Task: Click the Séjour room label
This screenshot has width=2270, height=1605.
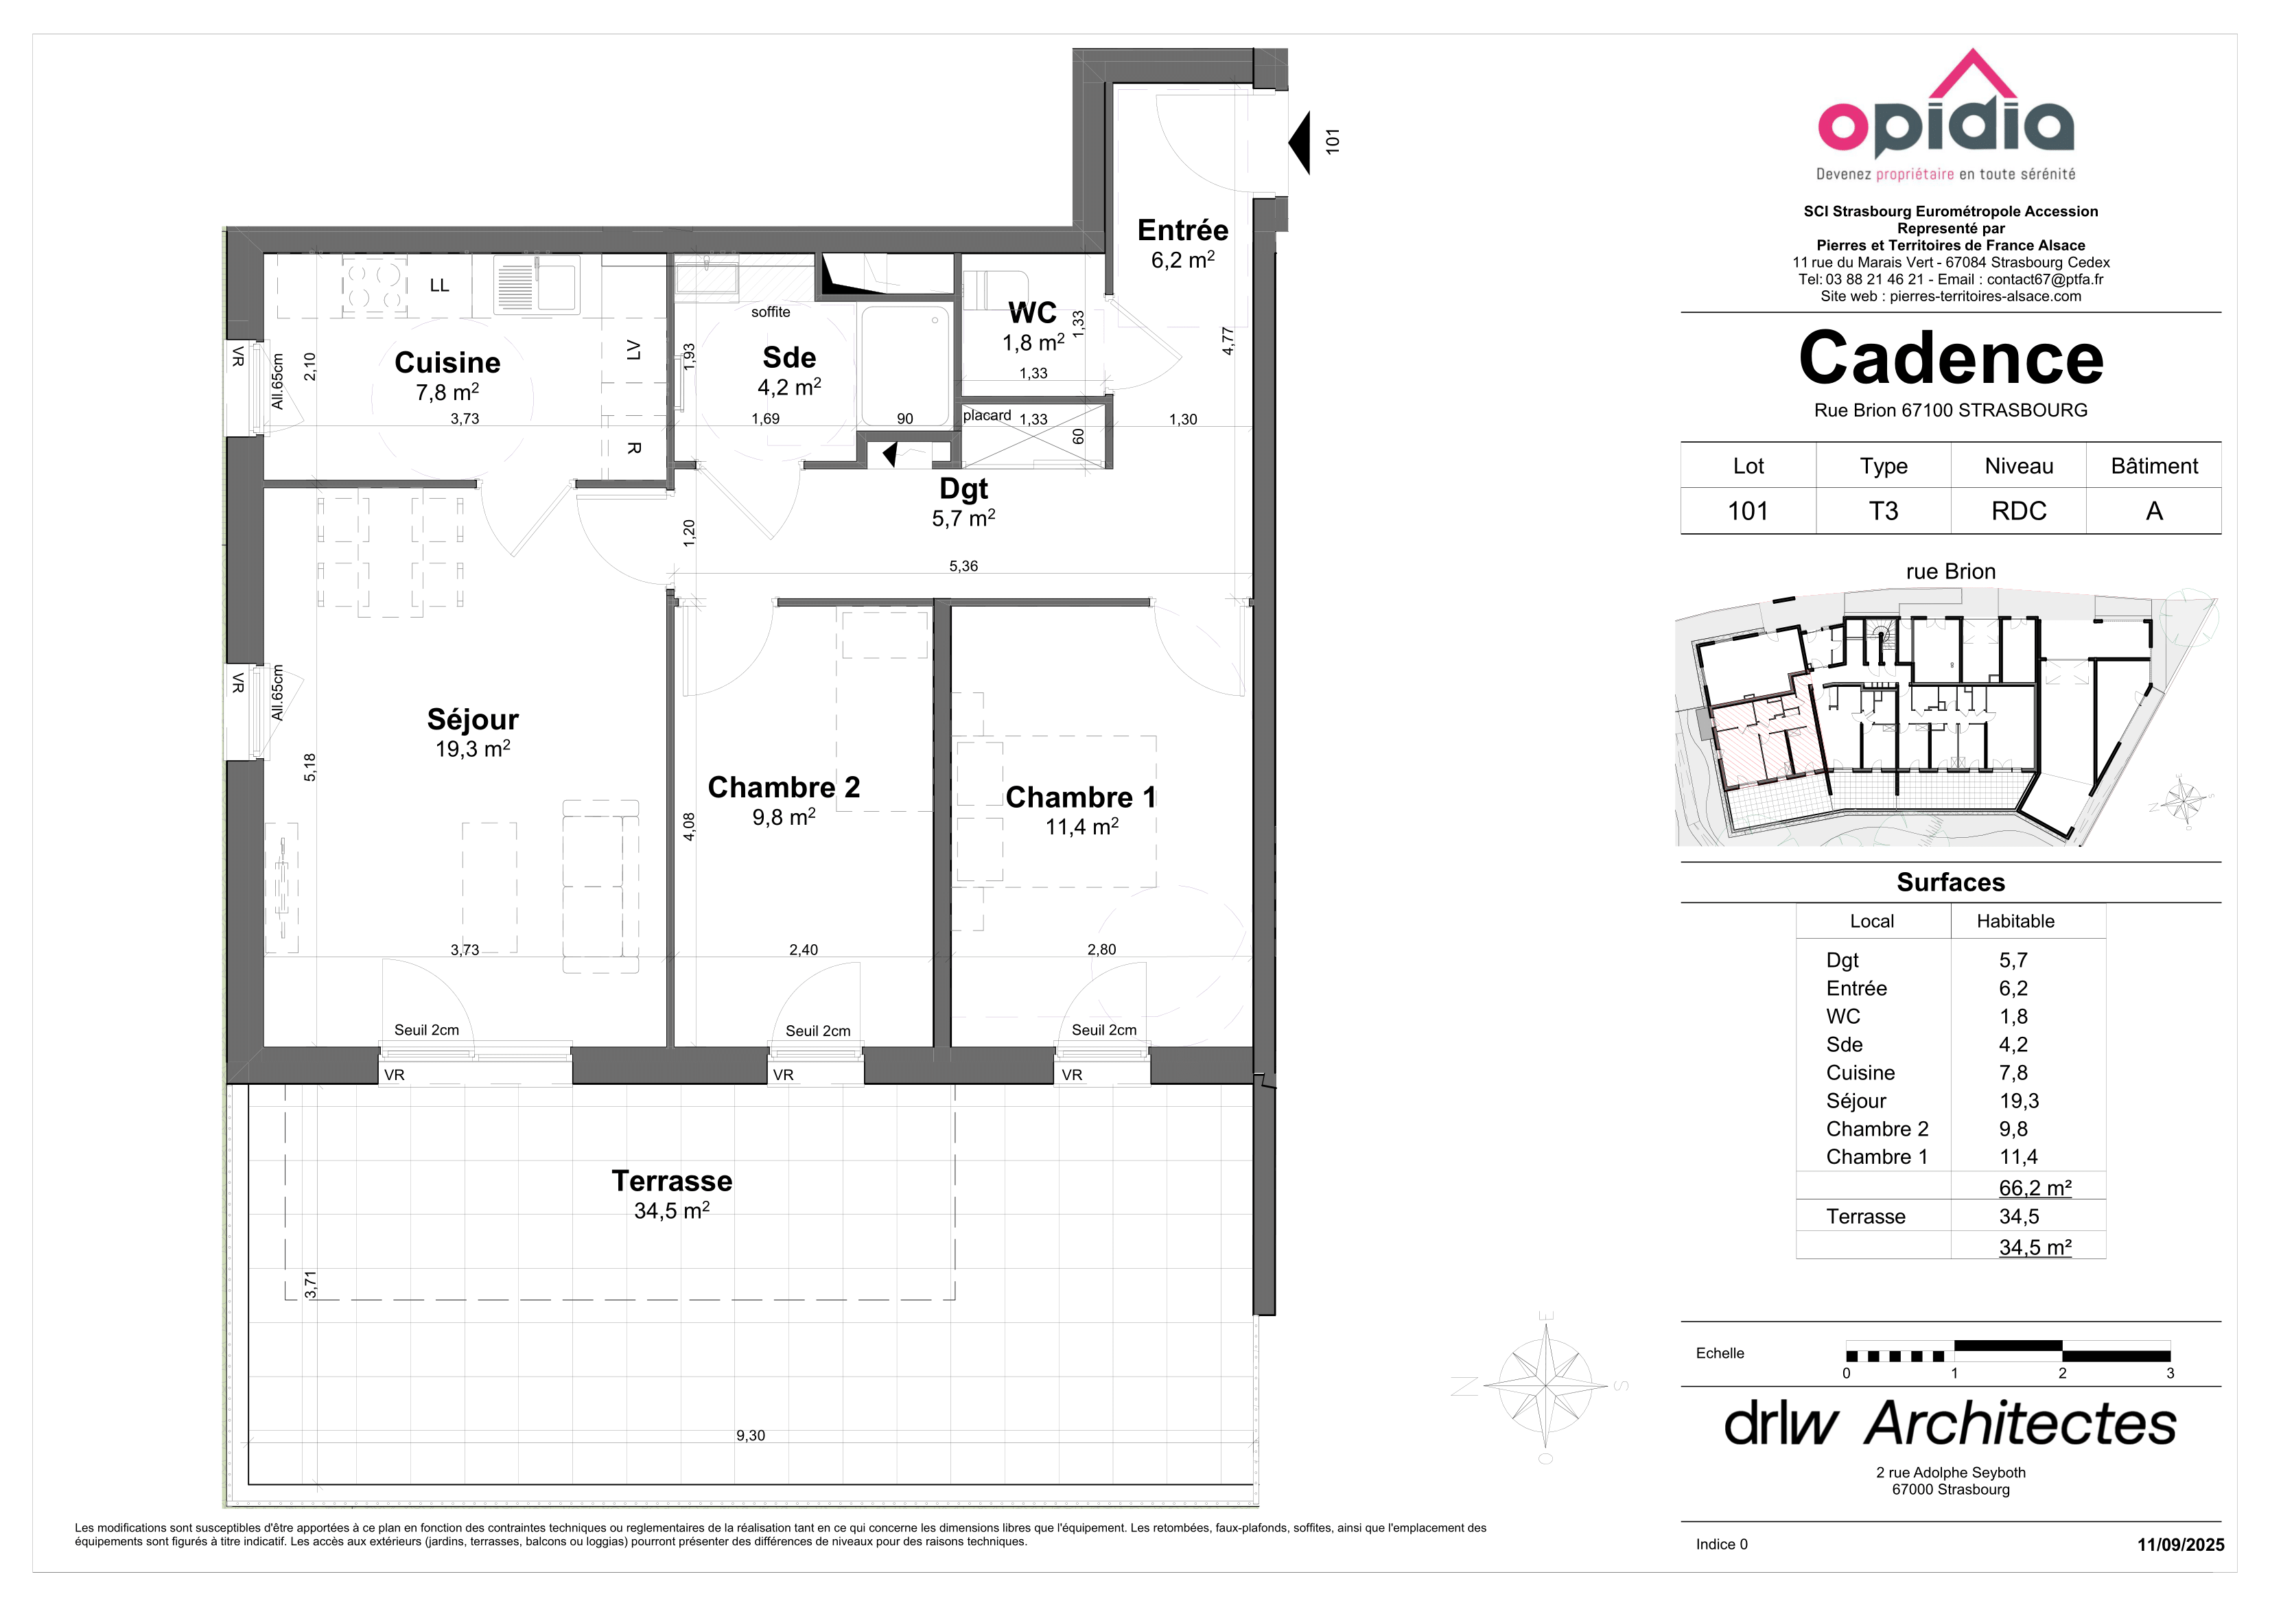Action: [x=473, y=719]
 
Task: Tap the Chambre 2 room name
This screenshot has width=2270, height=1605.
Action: [x=784, y=787]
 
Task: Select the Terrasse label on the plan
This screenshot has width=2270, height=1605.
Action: [x=672, y=1181]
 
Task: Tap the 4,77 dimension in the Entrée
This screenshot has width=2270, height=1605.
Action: [x=1228, y=341]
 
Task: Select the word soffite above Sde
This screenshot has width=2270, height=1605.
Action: [x=771, y=312]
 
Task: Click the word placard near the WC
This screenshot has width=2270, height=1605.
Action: [x=987, y=415]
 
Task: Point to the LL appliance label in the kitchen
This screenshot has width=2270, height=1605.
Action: [x=440, y=285]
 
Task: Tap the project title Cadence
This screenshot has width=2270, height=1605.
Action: [x=1951, y=358]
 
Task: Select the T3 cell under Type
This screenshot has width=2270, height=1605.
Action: [x=1884, y=511]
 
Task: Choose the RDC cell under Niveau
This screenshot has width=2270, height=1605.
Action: [x=2019, y=511]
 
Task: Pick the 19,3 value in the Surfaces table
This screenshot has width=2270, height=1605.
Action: [x=2019, y=1101]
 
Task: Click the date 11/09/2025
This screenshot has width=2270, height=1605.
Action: [x=2181, y=1545]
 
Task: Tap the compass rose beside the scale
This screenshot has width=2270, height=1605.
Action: [x=1546, y=1385]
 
